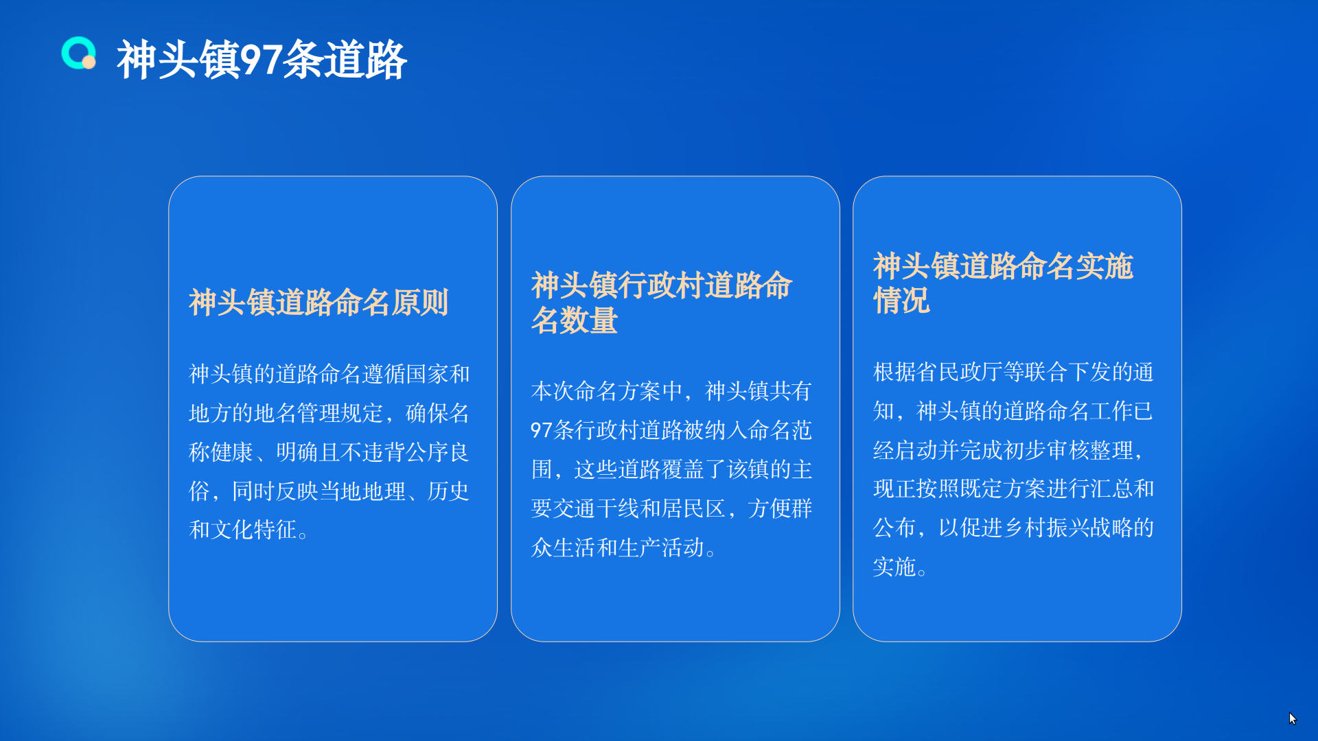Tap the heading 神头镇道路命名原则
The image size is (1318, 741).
[319, 303]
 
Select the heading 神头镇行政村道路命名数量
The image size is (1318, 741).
[662, 303]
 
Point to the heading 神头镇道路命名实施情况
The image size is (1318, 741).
[1003, 283]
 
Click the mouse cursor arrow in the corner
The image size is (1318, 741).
[1293, 718]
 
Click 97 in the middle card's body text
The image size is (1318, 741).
[542, 430]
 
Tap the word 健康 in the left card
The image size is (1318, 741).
[232, 452]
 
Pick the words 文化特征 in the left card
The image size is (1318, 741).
[254, 530]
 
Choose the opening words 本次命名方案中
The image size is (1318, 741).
[607, 391]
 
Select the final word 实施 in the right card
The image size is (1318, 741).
[894, 567]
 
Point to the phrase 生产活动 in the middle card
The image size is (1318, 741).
[662, 548]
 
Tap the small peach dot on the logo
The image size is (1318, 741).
[89, 62]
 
